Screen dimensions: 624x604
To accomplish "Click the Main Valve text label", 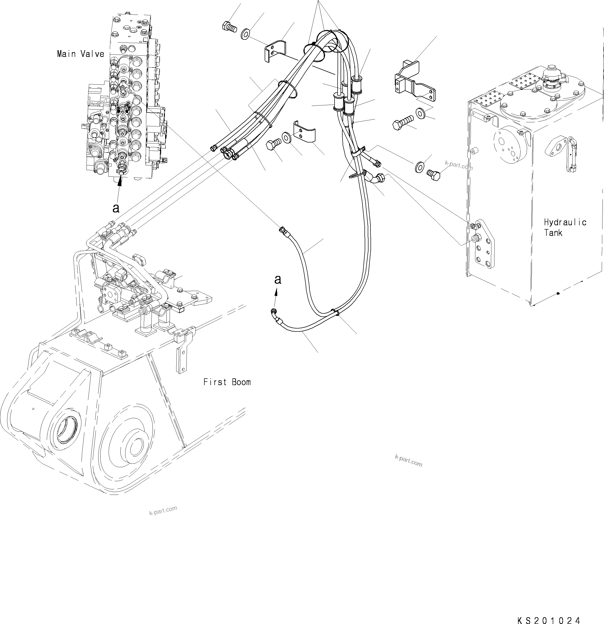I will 80,54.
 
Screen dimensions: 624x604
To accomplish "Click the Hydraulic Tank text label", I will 565,227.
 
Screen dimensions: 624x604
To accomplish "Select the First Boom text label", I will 227,382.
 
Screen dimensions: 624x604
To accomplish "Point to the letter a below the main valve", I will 116,208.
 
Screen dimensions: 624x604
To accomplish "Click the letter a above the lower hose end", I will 277,279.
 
